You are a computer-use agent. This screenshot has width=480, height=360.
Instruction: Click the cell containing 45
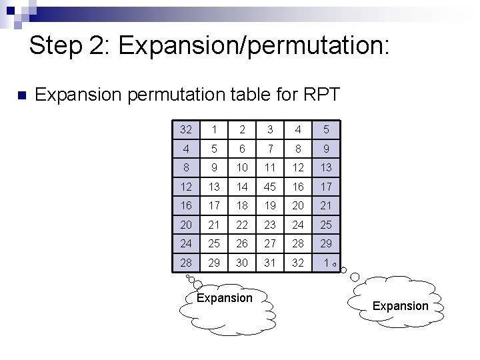tap(269, 187)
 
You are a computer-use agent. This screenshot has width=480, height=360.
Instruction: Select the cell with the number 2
tap(242, 129)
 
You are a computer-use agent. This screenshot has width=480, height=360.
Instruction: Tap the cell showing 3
tap(269, 129)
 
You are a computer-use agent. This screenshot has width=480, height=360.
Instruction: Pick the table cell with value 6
tap(242, 149)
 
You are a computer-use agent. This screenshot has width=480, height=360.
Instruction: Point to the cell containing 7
tap(269, 149)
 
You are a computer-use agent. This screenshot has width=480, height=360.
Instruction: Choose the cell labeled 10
tap(242, 167)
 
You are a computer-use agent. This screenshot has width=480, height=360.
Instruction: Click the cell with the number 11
tap(269, 167)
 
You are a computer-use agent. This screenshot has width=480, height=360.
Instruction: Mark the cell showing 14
tap(242, 187)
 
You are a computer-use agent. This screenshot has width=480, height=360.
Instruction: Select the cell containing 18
tap(242, 206)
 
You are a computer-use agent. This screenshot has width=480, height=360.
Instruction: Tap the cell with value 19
tap(269, 206)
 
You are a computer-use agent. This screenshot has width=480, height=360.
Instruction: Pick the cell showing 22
tap(242, 225)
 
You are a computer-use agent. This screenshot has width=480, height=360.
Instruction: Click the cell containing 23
tap(269, 225)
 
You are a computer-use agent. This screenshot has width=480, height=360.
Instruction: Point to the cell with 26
tap(242, 244)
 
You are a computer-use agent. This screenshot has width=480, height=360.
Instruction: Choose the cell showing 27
tap(269, 244)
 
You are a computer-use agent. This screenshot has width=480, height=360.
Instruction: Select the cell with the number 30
tap(242, 263)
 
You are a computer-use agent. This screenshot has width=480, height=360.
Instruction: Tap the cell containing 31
tap(269, 263)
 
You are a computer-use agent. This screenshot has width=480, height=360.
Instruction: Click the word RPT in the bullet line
tap(321, 95)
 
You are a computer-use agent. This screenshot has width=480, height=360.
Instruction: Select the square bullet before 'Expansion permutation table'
tap(19, 95)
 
